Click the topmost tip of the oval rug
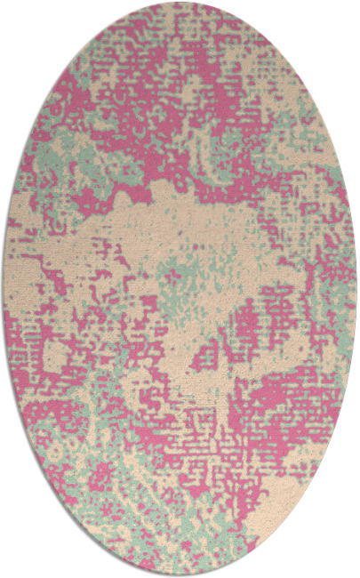tap(180, 3)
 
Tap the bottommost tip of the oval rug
tap(180, 575)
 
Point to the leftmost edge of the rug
tap(4, 289)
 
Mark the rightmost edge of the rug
tap(356, 289)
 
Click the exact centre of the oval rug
tap(180, 289)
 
